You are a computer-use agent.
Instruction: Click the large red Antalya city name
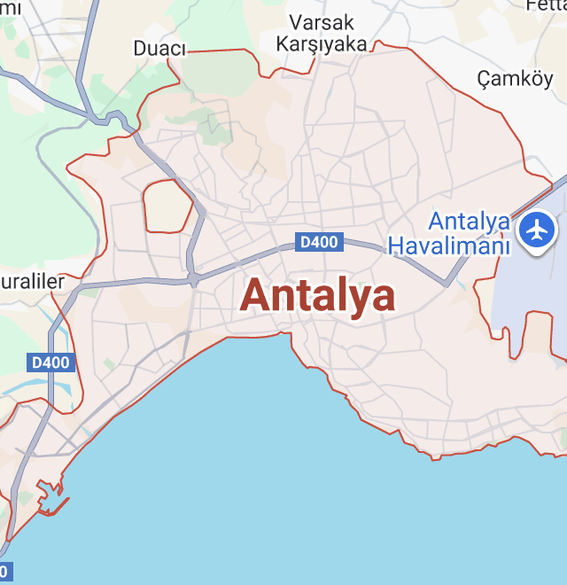(x=317, y=295)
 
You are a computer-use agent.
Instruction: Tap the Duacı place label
(x=159, y=48)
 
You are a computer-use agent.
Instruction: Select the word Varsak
(x=322, y=22)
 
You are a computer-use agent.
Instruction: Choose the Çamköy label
(x=515, y=80)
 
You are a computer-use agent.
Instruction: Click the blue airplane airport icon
(x=536, y=230)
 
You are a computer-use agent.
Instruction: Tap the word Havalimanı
(x=451, y=246)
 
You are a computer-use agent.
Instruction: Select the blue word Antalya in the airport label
(x=469, y=222)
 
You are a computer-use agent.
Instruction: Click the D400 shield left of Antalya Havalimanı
(x=319, y=242)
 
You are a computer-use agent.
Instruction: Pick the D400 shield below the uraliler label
(x=50, y=362)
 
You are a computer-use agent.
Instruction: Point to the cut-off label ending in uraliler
(x=34, y=282)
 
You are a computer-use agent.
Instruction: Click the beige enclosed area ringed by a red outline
(x=167, y=206)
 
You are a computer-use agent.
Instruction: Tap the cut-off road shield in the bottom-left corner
(x=4, y=571)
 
